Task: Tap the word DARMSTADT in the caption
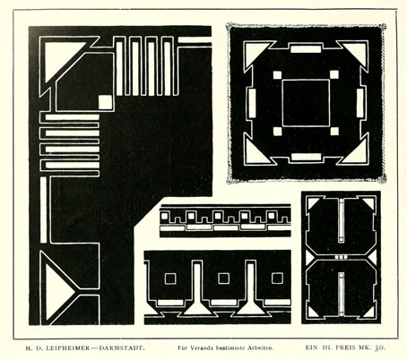pos(122,347)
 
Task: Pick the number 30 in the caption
pos(380,347)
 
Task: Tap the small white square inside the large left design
pos(105,102)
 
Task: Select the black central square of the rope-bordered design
pos(306,103)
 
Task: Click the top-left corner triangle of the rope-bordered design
pos(255,52)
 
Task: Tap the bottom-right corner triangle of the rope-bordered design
pos(356,153)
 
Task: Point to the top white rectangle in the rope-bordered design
pos(306,48)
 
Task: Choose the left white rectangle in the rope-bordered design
pos(252,103)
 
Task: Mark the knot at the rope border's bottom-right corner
pos(382,178)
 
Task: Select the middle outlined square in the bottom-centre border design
pos(223,279)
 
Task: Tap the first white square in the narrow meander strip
pos(164,216)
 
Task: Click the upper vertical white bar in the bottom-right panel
pos(341,220)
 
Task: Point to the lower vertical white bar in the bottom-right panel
pos(341,293)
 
